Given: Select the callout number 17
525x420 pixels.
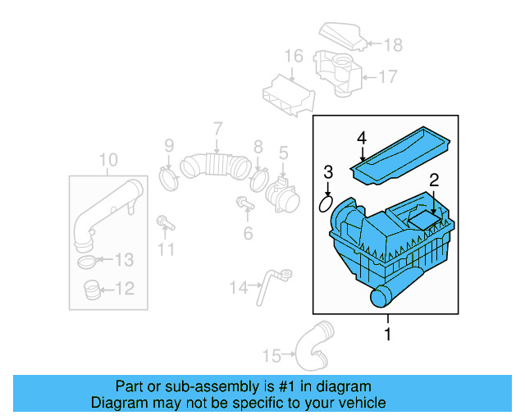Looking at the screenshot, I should click(x=387, y=76).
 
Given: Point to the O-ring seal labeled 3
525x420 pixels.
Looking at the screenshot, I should click(x=325, y=202).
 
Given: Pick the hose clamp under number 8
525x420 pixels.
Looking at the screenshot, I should click(x=259, y=177).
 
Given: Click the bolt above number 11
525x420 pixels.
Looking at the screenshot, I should click(x=164, y=221).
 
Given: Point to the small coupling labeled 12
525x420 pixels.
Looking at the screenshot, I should click(x=92, y=289).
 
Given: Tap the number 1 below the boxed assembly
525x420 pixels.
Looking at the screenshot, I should click(x=388, y=334).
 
